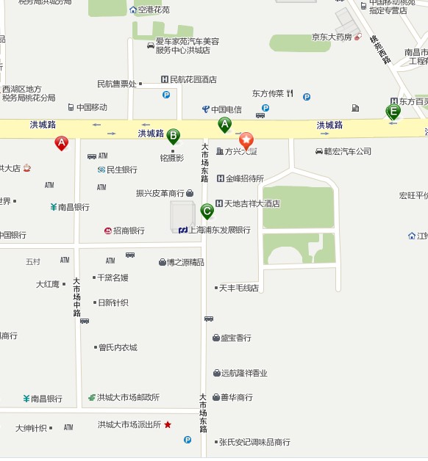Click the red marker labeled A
tap(62, 143)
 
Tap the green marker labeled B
tap(173, 136)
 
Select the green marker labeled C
tap(207, 211)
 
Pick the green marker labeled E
tap(393, 112)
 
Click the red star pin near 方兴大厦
tap(246, 139)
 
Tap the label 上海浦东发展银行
tap(219, 230)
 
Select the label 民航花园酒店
tap(193, 79)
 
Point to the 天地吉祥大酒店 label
tap(252, 203)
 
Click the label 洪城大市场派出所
tap(129, 424)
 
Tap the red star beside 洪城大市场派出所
tap(168, 424)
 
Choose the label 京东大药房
tap(332, 36)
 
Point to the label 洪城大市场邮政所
tap(128, 397)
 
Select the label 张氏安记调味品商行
tap(254, 442)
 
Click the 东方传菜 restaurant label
tap(268, 94)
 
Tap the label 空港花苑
tap(154, 10)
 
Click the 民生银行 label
tap(122, 170)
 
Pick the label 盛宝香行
tap(236, 338)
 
